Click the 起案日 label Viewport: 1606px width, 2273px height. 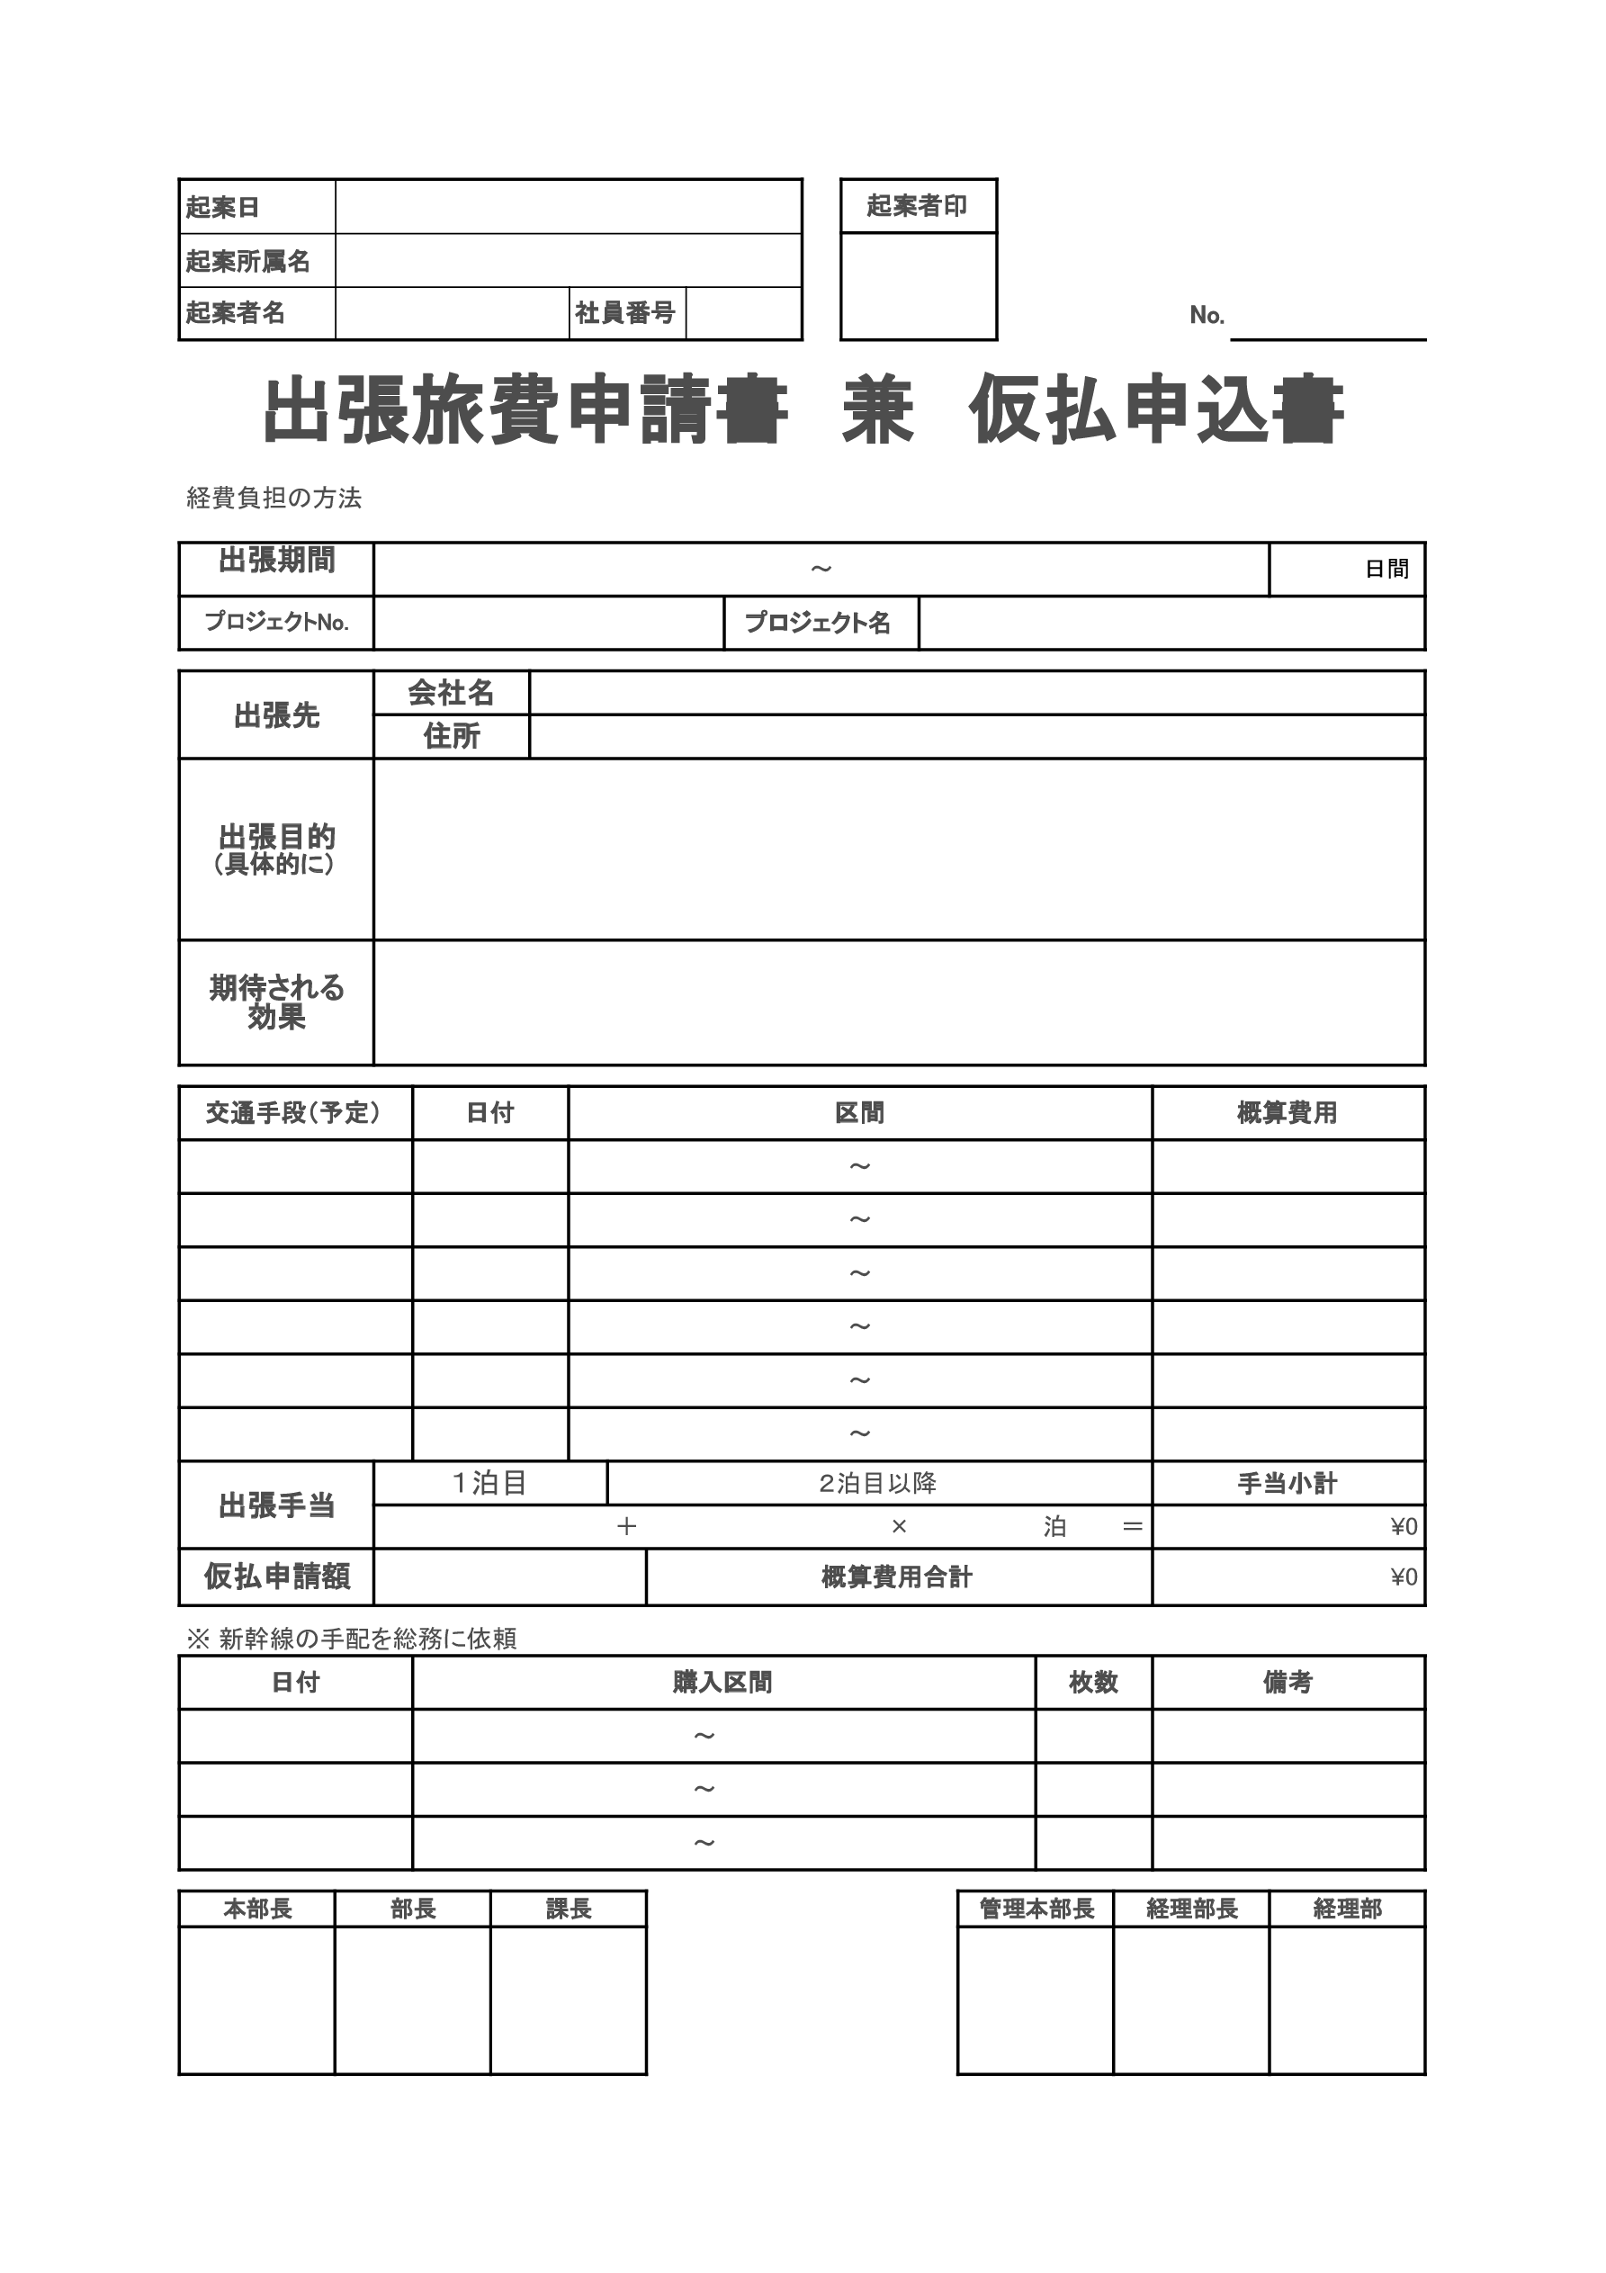pos(223,207)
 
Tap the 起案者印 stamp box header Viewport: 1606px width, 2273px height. pos(917,206)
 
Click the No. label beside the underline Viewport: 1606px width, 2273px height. pos(1207,315)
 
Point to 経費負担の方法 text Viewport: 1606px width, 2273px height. pos(274,498)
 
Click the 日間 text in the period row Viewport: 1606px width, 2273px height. pos(1386,569)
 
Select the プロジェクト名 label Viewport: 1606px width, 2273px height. pos(818,623)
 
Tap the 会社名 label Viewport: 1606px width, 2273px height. pos(452,693)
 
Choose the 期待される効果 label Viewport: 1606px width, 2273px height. pos(276,1002)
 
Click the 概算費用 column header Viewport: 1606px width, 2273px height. pos(1287,1113)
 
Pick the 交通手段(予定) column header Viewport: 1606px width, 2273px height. pos(293,1113)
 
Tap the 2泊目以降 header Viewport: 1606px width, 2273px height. pos(878,1483)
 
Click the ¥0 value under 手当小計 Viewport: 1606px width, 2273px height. pos(1404,1526)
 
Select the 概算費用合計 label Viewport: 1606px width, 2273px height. pos(897,1577)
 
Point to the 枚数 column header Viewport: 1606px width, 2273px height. pos(1093,1682)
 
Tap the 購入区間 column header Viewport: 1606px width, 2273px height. pos(722,1682)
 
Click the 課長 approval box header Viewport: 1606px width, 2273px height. pos(569,1909)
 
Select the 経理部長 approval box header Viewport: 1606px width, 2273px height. pos(1191,1909)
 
